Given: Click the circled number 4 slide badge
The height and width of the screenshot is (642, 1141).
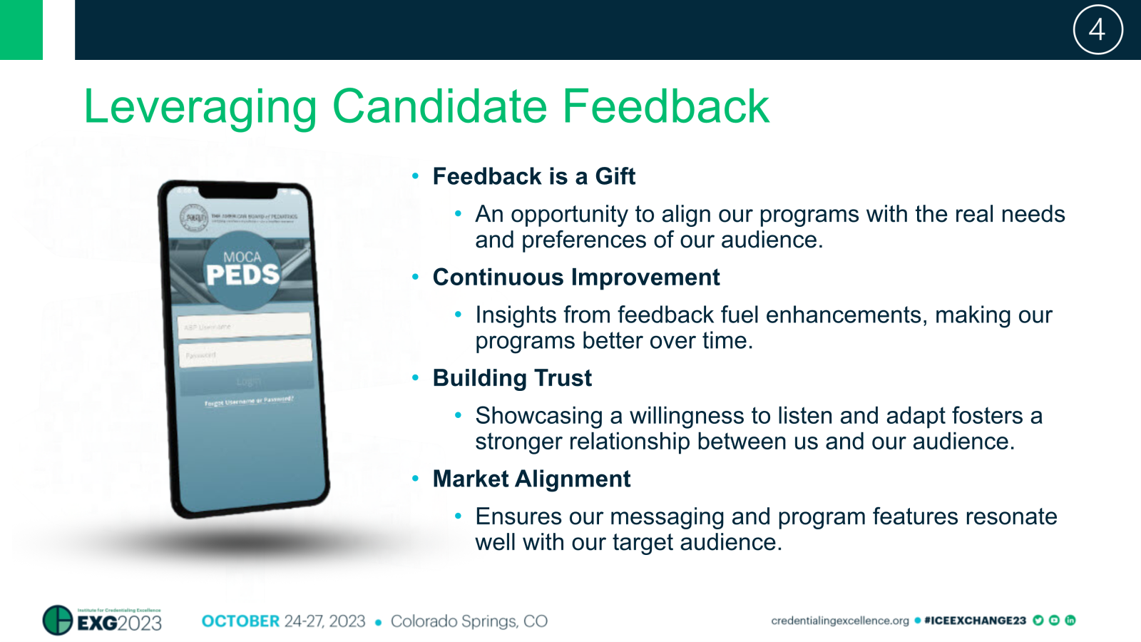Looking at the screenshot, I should (x=1097, y=30).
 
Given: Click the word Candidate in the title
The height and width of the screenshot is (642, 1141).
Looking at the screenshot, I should (x=439, y=107).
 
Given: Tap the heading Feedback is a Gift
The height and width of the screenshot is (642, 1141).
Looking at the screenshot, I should (x=533, y=176).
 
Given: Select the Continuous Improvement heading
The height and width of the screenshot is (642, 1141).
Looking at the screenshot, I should (x=575, y=277).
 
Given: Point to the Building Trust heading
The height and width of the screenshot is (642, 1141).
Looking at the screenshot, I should (x=511, y=378).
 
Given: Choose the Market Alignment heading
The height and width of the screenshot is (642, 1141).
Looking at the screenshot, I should (x=531, y=479).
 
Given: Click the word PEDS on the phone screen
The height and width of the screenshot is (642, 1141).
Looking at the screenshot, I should (x=242, y=275).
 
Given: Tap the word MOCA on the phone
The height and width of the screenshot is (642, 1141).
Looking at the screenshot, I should (x=242, y=257).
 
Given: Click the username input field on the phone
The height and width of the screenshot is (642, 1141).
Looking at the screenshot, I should (x=244, y=325).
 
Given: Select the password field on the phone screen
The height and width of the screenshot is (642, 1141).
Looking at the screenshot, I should (x=245, y=352).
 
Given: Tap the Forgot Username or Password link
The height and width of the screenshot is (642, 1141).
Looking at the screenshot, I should (x=249, y=401).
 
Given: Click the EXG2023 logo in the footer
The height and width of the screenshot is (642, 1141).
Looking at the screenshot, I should (x=103, y=621).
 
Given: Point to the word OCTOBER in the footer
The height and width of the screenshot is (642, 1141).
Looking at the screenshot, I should (x=240, y=621).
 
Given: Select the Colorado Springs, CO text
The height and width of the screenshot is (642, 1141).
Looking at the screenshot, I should (x=469, y=621).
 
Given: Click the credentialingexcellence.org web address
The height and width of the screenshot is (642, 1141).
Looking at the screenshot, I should (x=839, y=621).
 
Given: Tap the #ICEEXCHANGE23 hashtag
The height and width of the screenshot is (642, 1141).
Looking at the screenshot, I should (x=975, y=621).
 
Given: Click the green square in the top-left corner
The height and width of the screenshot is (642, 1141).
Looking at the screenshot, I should (x=21, y=30).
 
